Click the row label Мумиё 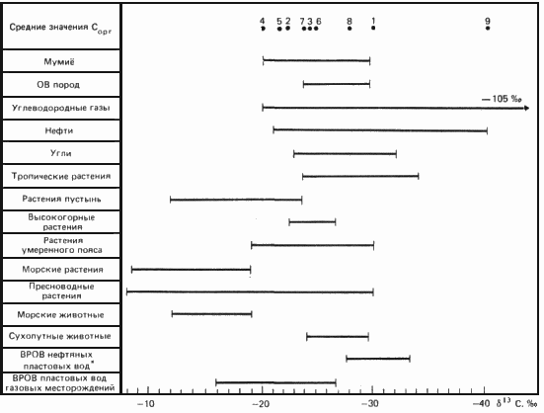(59, 62)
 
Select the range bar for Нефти (380, 130)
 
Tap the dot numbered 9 (488, 28)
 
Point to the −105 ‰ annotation (502, 99)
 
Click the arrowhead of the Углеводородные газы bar (526, 109)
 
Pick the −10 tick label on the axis (145, 404)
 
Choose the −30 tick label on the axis (368, 404)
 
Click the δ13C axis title (516, 403)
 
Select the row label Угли (60, 153)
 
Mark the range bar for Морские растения (192, 270)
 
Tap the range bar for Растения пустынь (236, 200)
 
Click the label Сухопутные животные (59, 336)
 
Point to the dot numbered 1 (373, 28)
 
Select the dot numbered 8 (350, 28)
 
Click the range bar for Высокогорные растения (312, 222)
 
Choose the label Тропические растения (60, 176)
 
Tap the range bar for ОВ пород (337, 84)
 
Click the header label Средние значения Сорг (60, 28)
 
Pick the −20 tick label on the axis (261, 404)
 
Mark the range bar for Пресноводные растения (250, 291)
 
